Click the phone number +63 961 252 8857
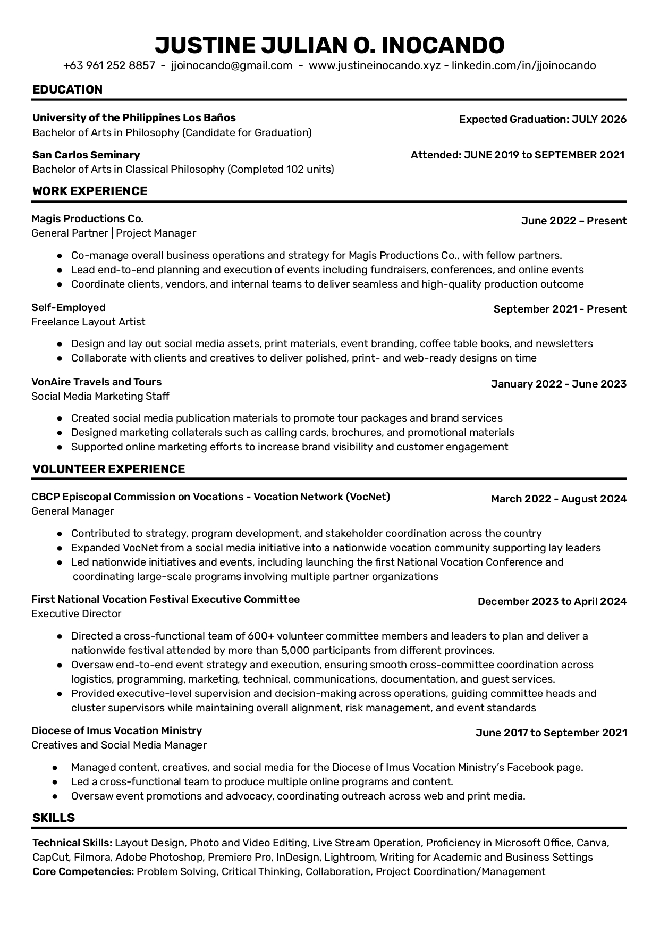click(x=109, y=65)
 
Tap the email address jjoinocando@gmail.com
click(x=232, y=65)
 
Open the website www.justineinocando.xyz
click(x=375, y=65)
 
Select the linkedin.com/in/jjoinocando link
click(x=523, y=65)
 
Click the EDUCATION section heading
click(x=67, y=89)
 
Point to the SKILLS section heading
click(x=54, y=818)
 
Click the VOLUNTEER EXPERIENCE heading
click(x=109, y=469)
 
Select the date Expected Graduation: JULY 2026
click(x=543, y=119)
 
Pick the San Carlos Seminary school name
click(x=86, y=155)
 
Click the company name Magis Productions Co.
click(x=87, y=218)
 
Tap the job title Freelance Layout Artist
click(x=88, y=322)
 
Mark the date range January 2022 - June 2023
click(x=559, y=384)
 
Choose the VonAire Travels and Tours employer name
click(x=96, y=382)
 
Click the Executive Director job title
click(x=77, y=613)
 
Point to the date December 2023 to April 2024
click(x=552, y=601)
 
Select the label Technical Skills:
click(x=72, y=843)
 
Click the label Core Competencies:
click(x=83, y=871)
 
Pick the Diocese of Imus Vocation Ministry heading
click(x=116, y=730)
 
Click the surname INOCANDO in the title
click(x=443, y=45)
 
